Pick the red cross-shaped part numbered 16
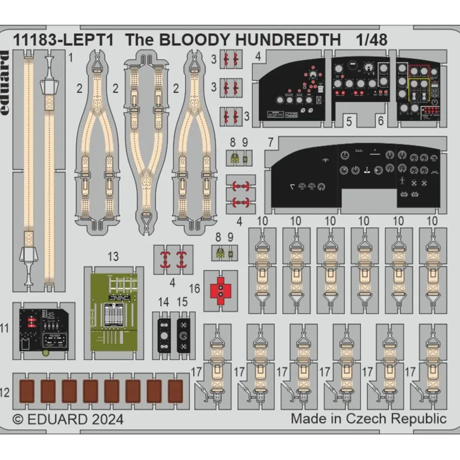pyautogui.click(x=221, y=291)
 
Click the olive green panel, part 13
pyautogui.click(x=114, y=313)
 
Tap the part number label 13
pyautogui.click(x=113, y=257)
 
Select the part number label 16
pyautogui.click(x=194, y=289)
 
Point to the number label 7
pyautogui.click(x=270, y=142)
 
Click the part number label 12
pyautogui.click(x=5, y=392)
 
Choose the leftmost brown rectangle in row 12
pyautogui.click(x=27, y=391)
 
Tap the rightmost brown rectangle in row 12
pyautogui.click(x=175, y=391)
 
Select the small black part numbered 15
pyautogui.click(x=183, y=335)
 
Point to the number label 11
pyautogui.click(x=5, y=328)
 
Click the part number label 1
pyautogui.click(x=70, y=59)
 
